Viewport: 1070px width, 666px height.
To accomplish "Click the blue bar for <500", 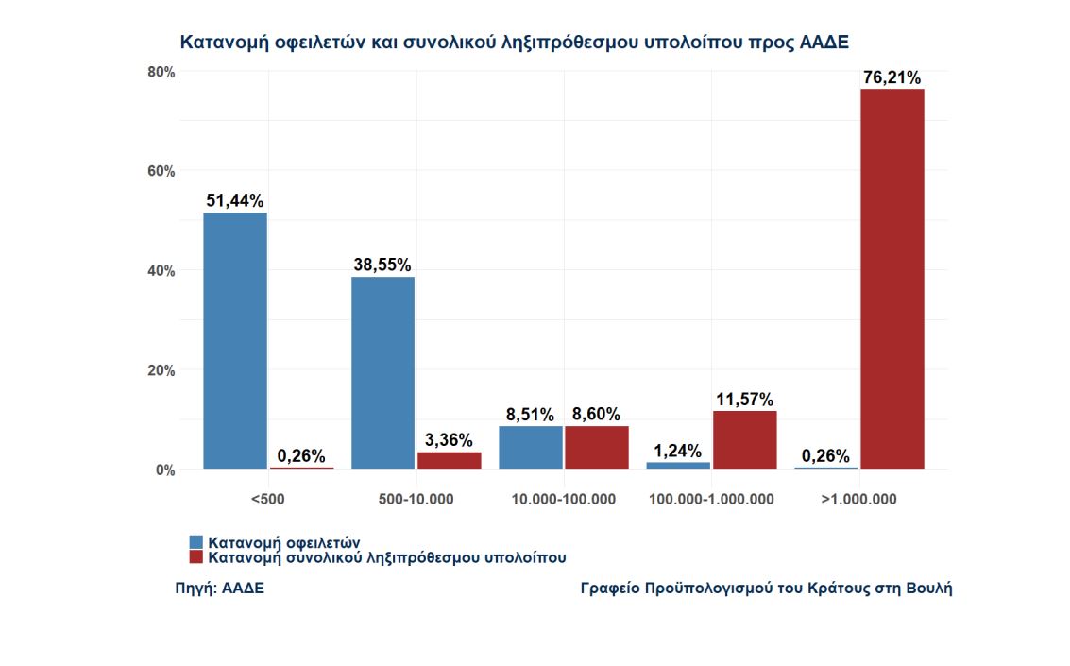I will coord(235,340).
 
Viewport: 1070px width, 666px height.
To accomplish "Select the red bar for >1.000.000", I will coord(892,279).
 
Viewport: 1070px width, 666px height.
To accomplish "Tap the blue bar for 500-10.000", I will coord(382,372).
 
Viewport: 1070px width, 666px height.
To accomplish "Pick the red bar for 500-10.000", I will coord(450,460).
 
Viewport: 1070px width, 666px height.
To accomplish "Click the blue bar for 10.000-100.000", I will coord(531,447).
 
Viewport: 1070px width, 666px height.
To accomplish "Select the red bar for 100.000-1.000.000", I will coord(745,439).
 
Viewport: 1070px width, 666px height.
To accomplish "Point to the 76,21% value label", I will coord(892,78).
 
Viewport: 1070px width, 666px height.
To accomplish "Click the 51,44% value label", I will coord(235,201).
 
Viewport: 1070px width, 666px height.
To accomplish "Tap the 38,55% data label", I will coord(382,265).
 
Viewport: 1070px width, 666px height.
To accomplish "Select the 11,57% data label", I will coord(745,400).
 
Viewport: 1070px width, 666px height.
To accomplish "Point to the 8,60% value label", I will coord(597,415).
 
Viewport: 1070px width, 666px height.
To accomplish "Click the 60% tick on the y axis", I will coord(161,171).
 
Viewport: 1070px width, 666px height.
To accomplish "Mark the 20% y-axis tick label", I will coord(161,370).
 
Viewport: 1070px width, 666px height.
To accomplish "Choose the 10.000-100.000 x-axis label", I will coord(563,499).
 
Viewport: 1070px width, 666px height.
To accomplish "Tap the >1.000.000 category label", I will coord(858,499).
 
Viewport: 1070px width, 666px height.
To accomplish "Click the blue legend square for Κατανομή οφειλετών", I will coord(196,542).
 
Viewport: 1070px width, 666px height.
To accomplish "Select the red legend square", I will coord(196,557).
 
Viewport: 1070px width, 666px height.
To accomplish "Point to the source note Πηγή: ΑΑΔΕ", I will coord(220,589).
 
